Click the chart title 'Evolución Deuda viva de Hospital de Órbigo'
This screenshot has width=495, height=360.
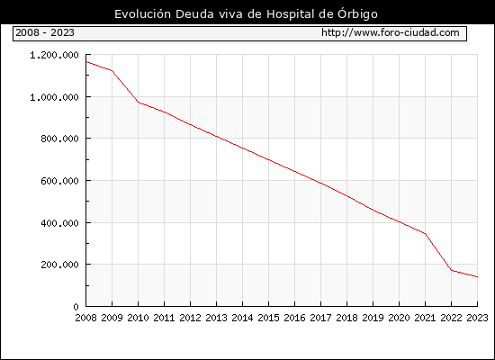pyautogui.click(x=246, y=14)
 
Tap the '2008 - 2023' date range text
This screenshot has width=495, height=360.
pyautogui.click(x=45, y=32)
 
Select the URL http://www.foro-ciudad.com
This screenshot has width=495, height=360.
pyautogui.click(x=391, y=32)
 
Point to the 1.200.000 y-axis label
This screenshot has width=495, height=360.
pyautogui.click(x=54, y=55)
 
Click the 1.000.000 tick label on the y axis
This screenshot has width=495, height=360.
pyautogui.click(x=54, y=97)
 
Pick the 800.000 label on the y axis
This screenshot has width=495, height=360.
pyautogui.click(x=59, y=139)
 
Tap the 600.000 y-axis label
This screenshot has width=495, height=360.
pyautogui.click(x=59, y=181)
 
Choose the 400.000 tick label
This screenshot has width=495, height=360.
pyautogui.click(x=59, y=223)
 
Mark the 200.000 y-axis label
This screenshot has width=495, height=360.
pyautogui.click(x=59, y=265)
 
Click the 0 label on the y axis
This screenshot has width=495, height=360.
pyautogui.click(x=76, y=307)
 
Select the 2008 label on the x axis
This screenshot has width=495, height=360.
pyautogui.click(x=85, y=318)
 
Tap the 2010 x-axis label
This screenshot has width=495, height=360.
pyautogui.click(x=138, y=318)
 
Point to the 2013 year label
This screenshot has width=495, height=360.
pyautogui.click(x=216, y=318)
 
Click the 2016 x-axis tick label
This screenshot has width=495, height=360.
pyautogui.click(x=294, y=318)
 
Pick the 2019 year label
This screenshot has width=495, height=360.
pyautogui.click(x=373, y=318)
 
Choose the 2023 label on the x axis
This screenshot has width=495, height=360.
pyautogui.click(x=477, y=318)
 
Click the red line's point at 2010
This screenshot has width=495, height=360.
pyautogui.click(x=138, y=102)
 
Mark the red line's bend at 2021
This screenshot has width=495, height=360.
pyautogui.click(x=425, y=234)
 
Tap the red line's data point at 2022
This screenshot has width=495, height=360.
pyautogui.click(x=452, y=270)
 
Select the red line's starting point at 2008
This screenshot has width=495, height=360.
pyautogui.click(x=86, y=61)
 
